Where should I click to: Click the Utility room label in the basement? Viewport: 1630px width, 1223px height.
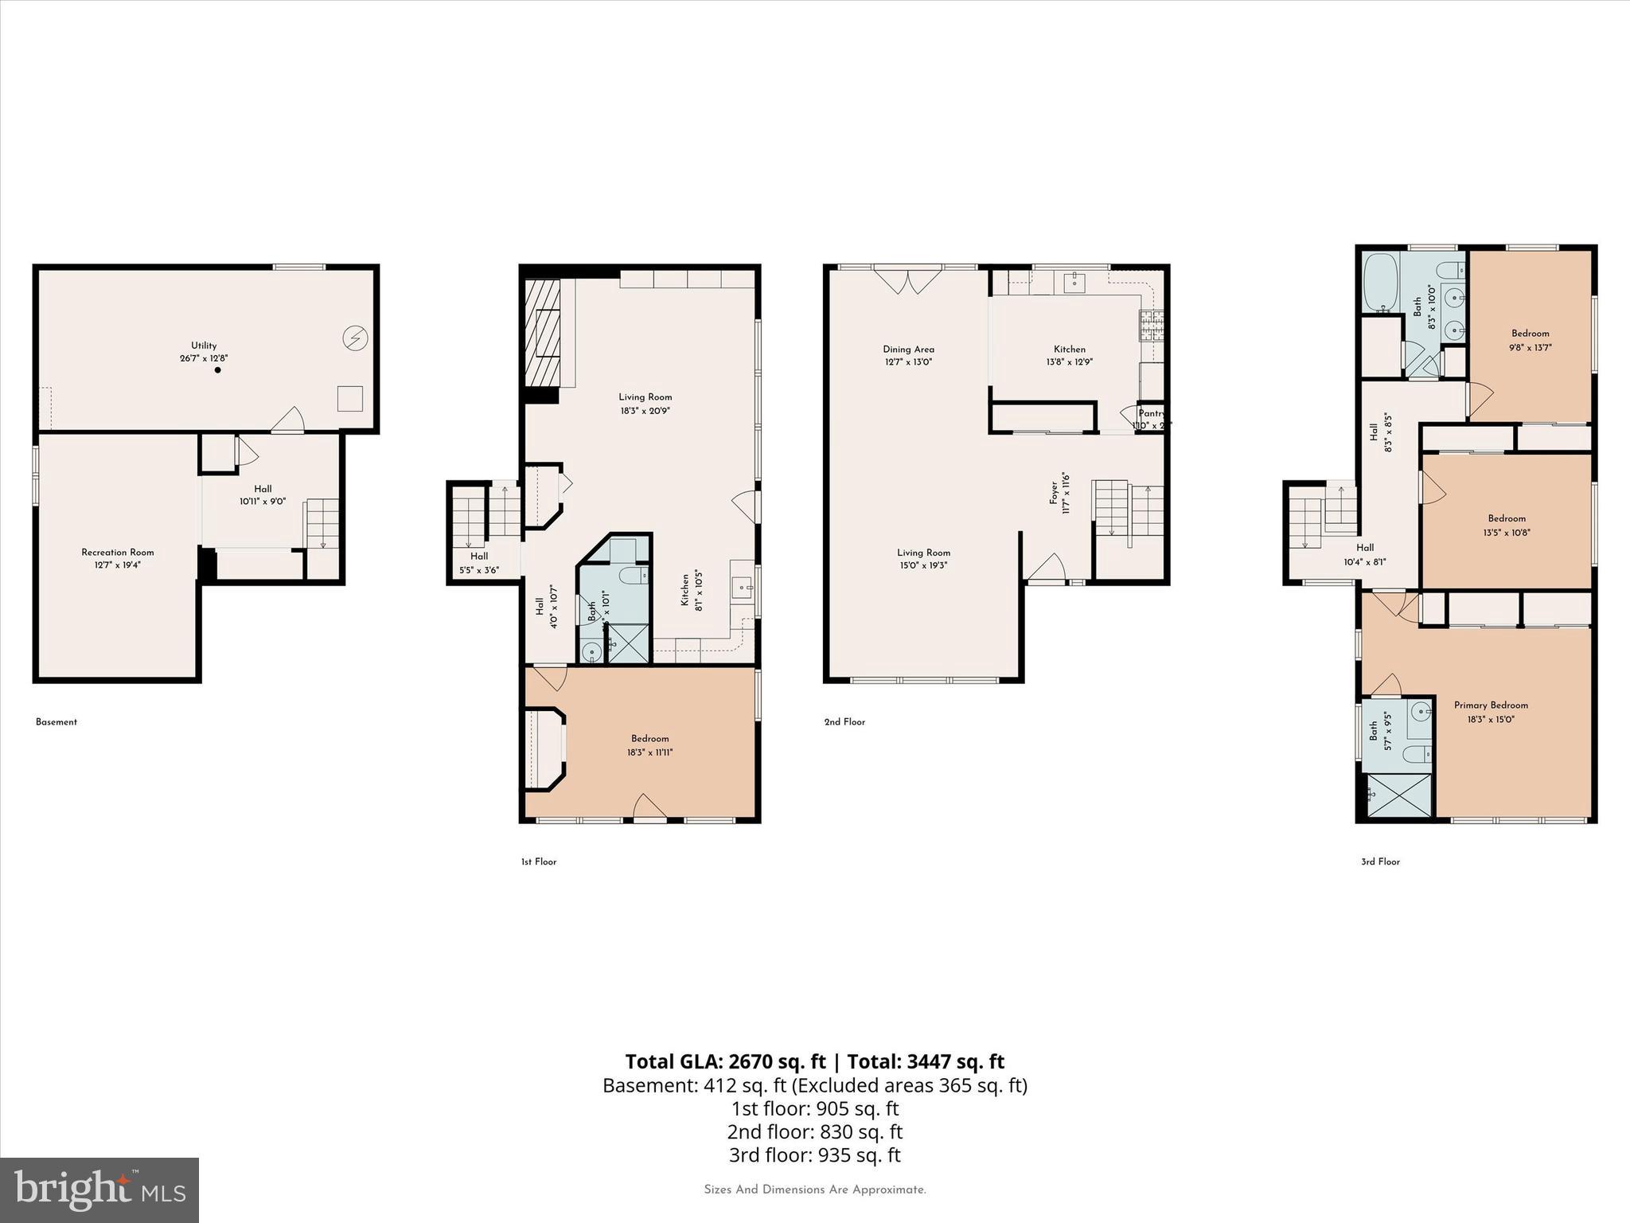click(x=204, y=346)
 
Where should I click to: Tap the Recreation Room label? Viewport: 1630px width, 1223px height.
click(x=118, y=552)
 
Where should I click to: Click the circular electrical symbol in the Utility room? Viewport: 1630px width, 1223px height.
click(x=355, y=339)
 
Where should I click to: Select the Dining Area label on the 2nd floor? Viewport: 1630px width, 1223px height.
click(x=908, y=349)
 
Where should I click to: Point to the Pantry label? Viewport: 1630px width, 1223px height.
click(x=1151, y=413)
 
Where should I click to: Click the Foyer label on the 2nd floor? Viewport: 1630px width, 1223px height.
click(x=1054, y=492)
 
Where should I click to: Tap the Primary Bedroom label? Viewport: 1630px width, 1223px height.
click(x=1491, y=705)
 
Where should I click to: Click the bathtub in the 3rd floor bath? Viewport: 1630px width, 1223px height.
click(x=1381, y=282)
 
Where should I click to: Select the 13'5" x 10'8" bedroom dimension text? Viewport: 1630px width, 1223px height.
click(x=1507, y=533)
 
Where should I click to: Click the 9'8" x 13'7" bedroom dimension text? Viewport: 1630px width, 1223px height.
click(x=1530, y=347)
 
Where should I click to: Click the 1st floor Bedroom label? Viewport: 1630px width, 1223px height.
click(x=650, y=738)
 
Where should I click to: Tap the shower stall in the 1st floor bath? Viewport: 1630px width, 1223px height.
click(x=629, y=643)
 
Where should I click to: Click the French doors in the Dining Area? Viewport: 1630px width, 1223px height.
click(x=908, y=280)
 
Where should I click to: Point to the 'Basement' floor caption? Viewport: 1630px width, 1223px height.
click(x=57, y=722)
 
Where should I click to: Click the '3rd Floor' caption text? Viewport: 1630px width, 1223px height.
click(x=1380, y=862)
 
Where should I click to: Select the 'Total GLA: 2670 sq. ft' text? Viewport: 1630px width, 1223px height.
click(x=725, y=1061)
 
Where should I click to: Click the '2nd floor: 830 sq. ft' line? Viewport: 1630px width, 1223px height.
click(x=814, y=1131)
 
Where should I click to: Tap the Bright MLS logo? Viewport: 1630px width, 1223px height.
click(x=99, y=1190)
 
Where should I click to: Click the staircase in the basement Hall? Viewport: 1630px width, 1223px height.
click(x=322, y=523)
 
